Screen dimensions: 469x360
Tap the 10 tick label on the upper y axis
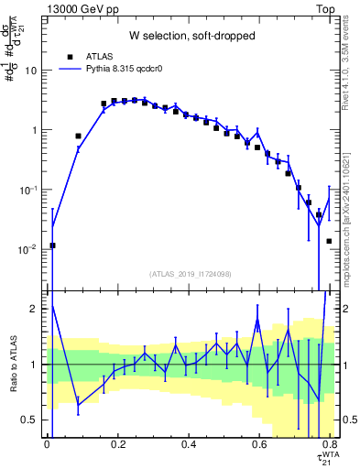point(30,71)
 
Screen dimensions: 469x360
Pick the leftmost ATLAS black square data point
point(52,245)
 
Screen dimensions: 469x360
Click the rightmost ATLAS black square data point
point(329,241)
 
